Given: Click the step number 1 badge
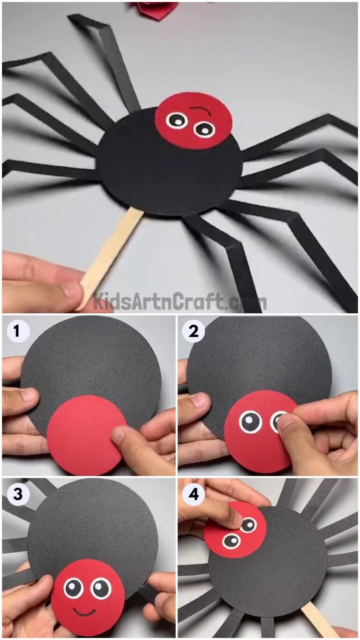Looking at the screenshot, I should click(x=17, y=331).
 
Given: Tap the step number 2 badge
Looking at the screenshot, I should click(x=192, y=331).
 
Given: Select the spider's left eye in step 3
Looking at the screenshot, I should click(x=74, y=588).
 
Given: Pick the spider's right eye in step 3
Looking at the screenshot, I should click(x=101, y=588).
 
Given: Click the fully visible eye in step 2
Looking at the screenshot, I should click(x=249, y=422).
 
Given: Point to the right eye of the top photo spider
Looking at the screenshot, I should click(x=204, y=129).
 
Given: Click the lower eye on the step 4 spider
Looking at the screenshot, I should click(x=232, y=541).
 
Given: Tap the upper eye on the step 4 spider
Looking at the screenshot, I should click(x=248, y=525).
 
